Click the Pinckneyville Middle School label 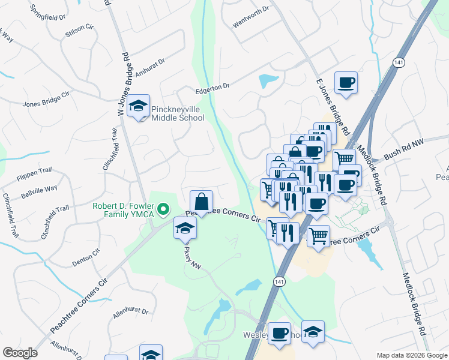[x=178, y=113]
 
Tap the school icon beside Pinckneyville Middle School [x=139, y=107]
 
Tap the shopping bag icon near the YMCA [x=201, y=201]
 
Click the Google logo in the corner [x=20, y=353]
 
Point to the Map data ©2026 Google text [x=411, y=355]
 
